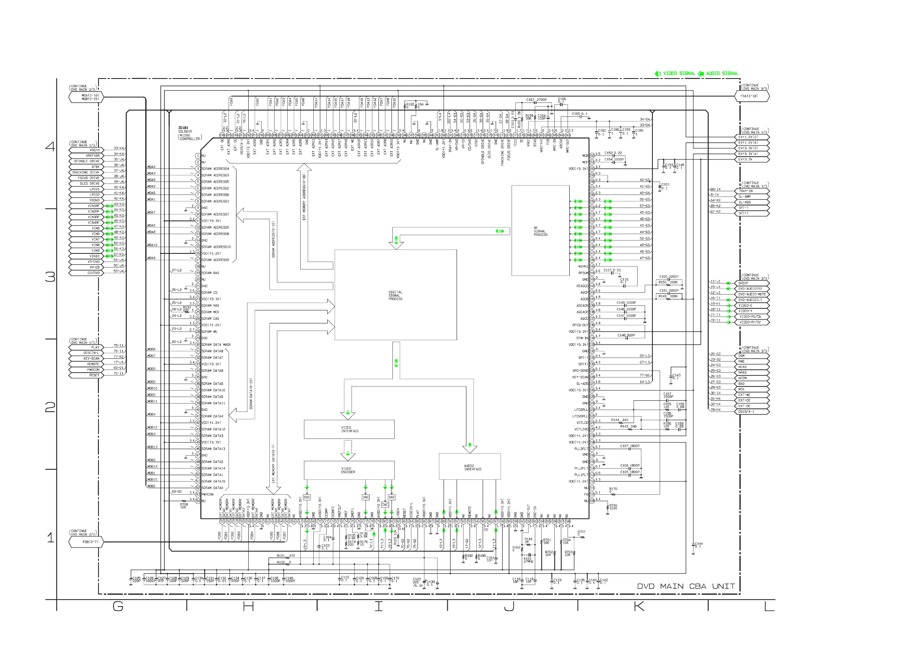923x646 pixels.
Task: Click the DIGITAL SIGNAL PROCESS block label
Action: pyautogui.click(x=395, y=295)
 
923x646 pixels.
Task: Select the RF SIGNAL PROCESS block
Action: pyautogui.click(x=540, y=231)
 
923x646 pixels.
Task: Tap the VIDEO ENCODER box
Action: pyautogui.click(x=349, y=470)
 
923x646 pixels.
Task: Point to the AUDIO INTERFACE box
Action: pyautogui.click(x=470, y=466)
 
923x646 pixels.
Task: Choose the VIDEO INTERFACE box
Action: pyautogui.click(x=349, y=429)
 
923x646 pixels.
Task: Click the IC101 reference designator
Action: pyautogui.click(x=183, y=128)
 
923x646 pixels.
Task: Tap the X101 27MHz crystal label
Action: pyautogui.click(x=528, y=560)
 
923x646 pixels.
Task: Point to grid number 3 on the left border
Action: pyautogui.click(x=50, y=277)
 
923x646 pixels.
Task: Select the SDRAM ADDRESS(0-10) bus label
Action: pyautogui.click(x=273, y=239)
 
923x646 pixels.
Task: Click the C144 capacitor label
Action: pyautogui.click(x=698, y=545)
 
